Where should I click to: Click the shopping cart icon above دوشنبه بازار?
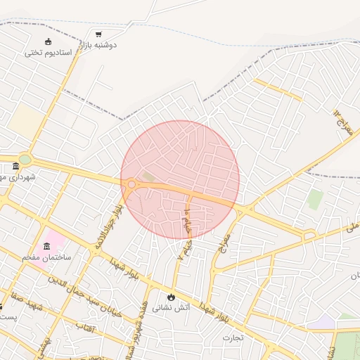tap(98, 34)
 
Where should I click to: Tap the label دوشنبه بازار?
tap(98, 44)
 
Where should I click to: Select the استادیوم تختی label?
tap(49, 52)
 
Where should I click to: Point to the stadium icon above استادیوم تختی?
tap(48, 41)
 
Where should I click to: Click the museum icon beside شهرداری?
tap(16, 167)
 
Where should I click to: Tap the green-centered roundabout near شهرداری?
tap(25, 160)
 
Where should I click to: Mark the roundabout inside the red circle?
tap(131, 184)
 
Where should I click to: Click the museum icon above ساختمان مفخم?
tap(47, 246)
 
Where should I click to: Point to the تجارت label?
tap(233, 338)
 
